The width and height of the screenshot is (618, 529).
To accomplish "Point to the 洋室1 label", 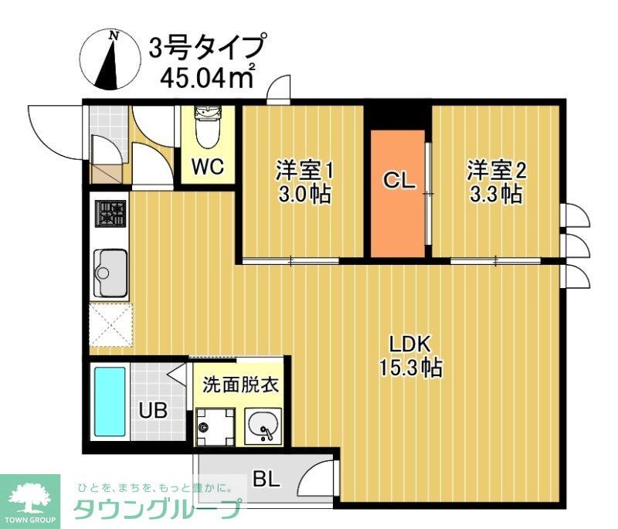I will click(x=304, y=169).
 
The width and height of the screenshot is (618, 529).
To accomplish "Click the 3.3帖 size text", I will click(x=495, y=194).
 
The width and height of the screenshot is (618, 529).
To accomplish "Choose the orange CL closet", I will click(x=399, y=193).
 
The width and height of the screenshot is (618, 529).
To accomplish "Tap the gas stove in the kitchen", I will click(x=110, y=214).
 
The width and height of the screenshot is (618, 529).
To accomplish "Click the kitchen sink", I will click(x=110, y=273).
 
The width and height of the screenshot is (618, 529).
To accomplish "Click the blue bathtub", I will click(x=110, y=402).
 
